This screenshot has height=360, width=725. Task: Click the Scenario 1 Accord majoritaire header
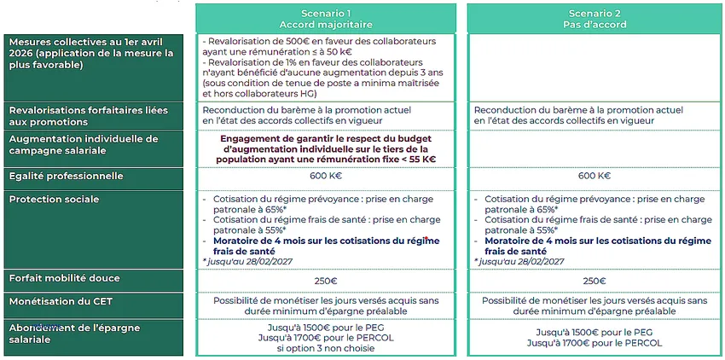pos(326,19)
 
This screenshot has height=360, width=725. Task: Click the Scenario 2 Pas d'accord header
pos(597,19)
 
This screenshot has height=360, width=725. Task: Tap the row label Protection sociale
pos(54,200)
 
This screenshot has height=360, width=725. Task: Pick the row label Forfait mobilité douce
pos(64,278)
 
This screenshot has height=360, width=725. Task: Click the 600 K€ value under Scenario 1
pos(326,177)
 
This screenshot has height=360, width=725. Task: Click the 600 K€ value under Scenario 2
pos(594,177)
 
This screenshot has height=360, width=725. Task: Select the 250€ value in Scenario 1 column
pos(326,282)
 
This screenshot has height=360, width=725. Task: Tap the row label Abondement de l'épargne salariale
pos(74,334)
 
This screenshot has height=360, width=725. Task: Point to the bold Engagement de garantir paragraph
pos(328,148)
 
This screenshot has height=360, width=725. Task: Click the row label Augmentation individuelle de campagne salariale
pos(83,144)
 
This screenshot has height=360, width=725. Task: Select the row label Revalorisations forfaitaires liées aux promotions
pos(88,116)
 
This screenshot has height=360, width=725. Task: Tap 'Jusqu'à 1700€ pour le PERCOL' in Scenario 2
pos(594,343)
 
